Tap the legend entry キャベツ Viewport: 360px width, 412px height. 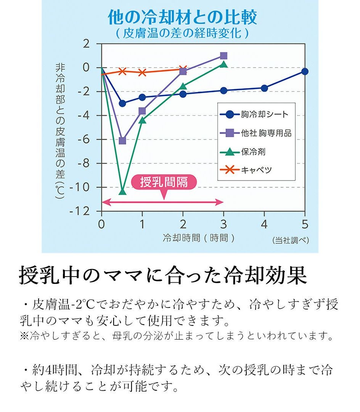[256, 170]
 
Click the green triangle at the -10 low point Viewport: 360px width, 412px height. [122, 191]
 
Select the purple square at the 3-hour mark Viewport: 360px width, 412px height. [223, 56]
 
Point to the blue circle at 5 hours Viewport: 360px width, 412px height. [305, 71]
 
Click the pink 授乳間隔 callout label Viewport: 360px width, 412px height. [164, 182]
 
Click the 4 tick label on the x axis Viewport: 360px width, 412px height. [264, 224]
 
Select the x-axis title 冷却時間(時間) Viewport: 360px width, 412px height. [199, 238]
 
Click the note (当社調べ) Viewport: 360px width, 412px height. [291, 240]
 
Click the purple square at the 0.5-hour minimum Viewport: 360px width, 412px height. [122, 141]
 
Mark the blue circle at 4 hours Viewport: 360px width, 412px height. [264, 88]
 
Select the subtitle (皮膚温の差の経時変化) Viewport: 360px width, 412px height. [182, 33]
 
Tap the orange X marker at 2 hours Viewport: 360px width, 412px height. [183, 69]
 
